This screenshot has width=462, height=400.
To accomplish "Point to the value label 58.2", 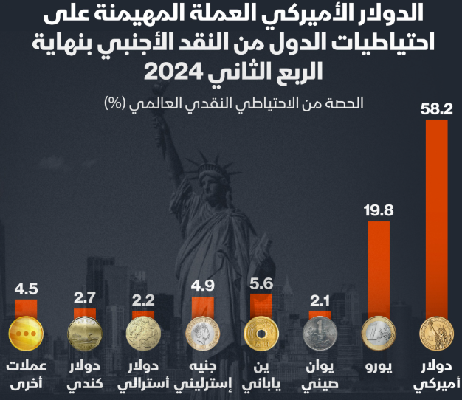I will [436, 109].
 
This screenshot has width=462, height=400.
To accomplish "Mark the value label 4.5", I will [27, 288].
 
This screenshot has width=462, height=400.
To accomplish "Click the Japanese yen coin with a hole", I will [262, 334].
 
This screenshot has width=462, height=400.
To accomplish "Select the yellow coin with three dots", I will [27, 334].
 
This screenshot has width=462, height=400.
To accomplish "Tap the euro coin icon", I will [378, 334].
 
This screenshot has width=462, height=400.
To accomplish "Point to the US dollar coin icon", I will [436, 334].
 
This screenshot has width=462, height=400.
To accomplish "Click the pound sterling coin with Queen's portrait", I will [203, 334].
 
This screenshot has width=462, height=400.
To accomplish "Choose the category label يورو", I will [378, 367].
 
